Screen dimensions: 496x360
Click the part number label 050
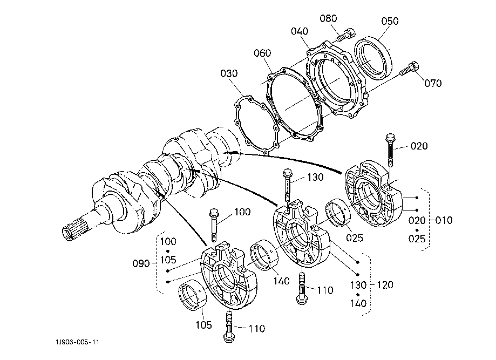(390, 21)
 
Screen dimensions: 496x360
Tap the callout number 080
(328, 19)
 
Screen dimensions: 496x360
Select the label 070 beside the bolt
(433, 83)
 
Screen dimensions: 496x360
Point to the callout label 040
(300, 31)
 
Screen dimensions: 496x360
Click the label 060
(262, 53)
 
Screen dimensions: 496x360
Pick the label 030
(229, 73)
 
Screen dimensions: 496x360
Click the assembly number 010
(444, 220)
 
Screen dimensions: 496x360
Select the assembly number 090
(141, 263)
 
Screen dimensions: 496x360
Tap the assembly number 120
(385, 285)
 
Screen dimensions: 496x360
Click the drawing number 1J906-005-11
(78, 342)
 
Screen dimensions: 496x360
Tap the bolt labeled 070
(410, 69)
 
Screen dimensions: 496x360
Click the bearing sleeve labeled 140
(263, 255)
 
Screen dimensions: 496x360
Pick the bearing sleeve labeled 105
(193, 295)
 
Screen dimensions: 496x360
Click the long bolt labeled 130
(288, 186)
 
